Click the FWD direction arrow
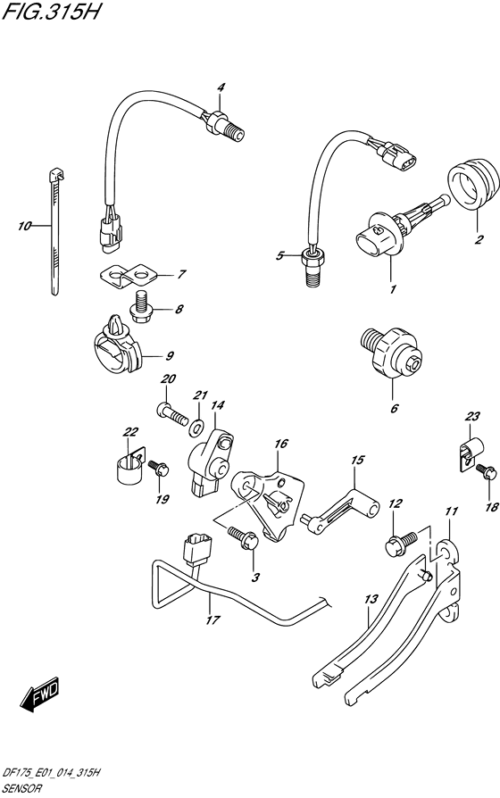[x=40, y=694]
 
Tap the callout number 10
[x=24, y=226]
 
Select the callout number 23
[x=472, y=416]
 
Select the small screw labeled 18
[x=487, y=470]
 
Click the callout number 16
[x=280, y=444]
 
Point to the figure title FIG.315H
[x=50, y=12]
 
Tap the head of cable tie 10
[x=56, y=175]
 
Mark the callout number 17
[x=212, y=619]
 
